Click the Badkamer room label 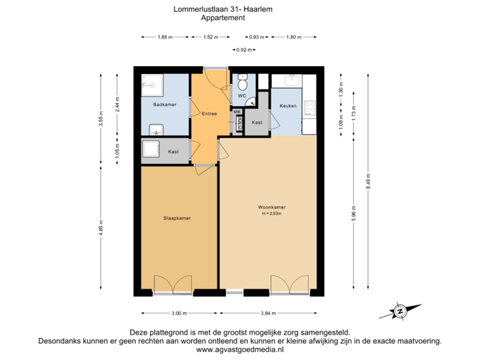(165, 105)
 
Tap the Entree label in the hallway (209, 114)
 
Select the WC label (242, 97)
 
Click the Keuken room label (288, 106)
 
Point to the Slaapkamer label (177, 218)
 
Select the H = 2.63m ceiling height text (272, 214)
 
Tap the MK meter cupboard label (237, 111)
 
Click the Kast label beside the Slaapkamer (173, 152)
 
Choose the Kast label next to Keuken (257, 123)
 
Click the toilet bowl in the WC (243, 83)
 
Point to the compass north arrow (400, 311)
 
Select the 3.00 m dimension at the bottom (179, 313)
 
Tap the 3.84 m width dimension (267, 313)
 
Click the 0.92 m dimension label (245, 49)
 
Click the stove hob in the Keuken (309, 107)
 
